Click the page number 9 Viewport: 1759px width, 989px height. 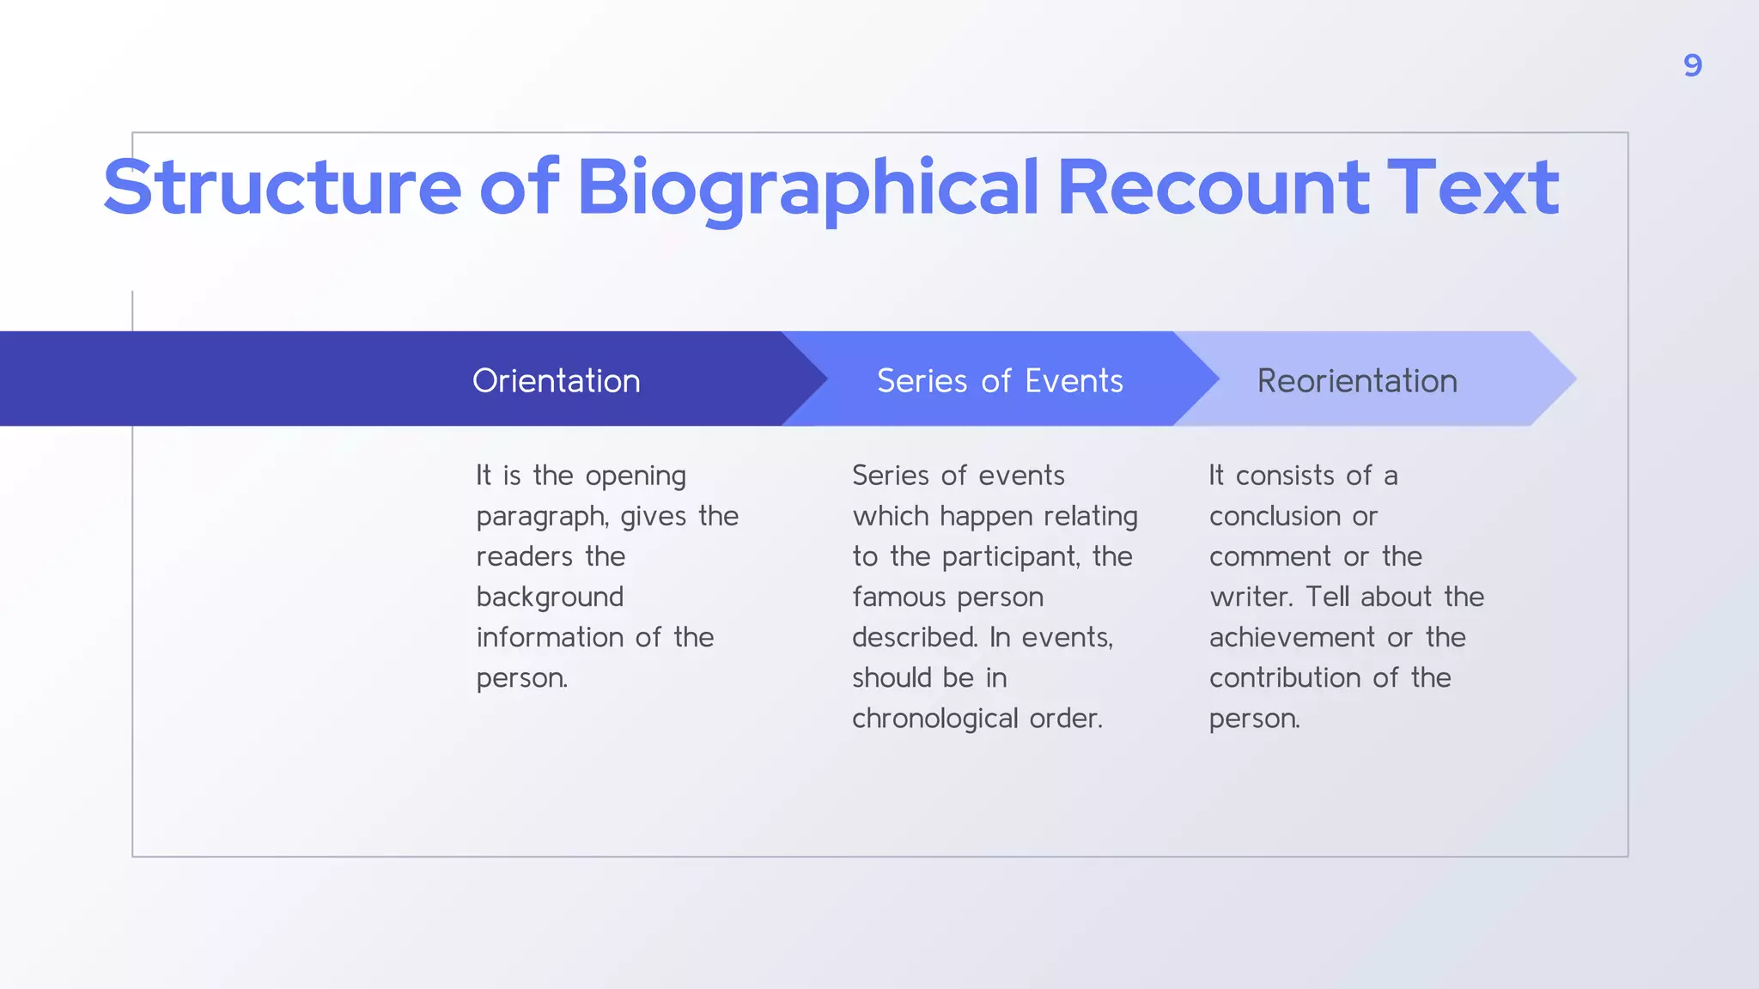[x=1692, y=65]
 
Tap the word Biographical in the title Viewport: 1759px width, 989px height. [x=807, y=187]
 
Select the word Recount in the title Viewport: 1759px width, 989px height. [x=1213, y=187]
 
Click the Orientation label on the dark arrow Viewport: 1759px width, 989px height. [x=557, y=380]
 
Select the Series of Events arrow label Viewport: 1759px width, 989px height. [x=1000, y=380]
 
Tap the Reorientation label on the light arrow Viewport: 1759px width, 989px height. [x=1357, y=380]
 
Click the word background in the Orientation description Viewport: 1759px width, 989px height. [x=550, y=597]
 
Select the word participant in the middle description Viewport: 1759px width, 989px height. [x=1010, y=557]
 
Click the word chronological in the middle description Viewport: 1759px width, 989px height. [x=934, y=718]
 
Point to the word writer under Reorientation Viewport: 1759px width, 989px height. [x=1250, y=597]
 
